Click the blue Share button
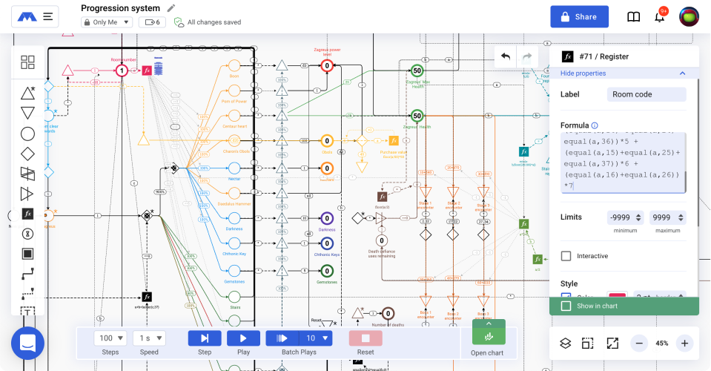click(579, 16)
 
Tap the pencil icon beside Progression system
click(171, 8)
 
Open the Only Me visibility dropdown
click(107, 22)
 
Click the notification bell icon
click(659, 16)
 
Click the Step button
click(205, 338)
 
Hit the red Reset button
click(365, 338)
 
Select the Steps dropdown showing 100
click(111, 338)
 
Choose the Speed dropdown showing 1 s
click(149, 338)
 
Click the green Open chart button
click(489, 338)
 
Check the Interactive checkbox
click(566, 256)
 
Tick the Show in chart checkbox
click(566, 306)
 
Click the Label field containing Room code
click(646, 94)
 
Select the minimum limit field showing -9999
click(624, 217)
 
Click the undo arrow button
click(506, 56)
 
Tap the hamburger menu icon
click(48, 16)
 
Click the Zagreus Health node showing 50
click(417, 116)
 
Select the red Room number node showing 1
click(122, 70)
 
